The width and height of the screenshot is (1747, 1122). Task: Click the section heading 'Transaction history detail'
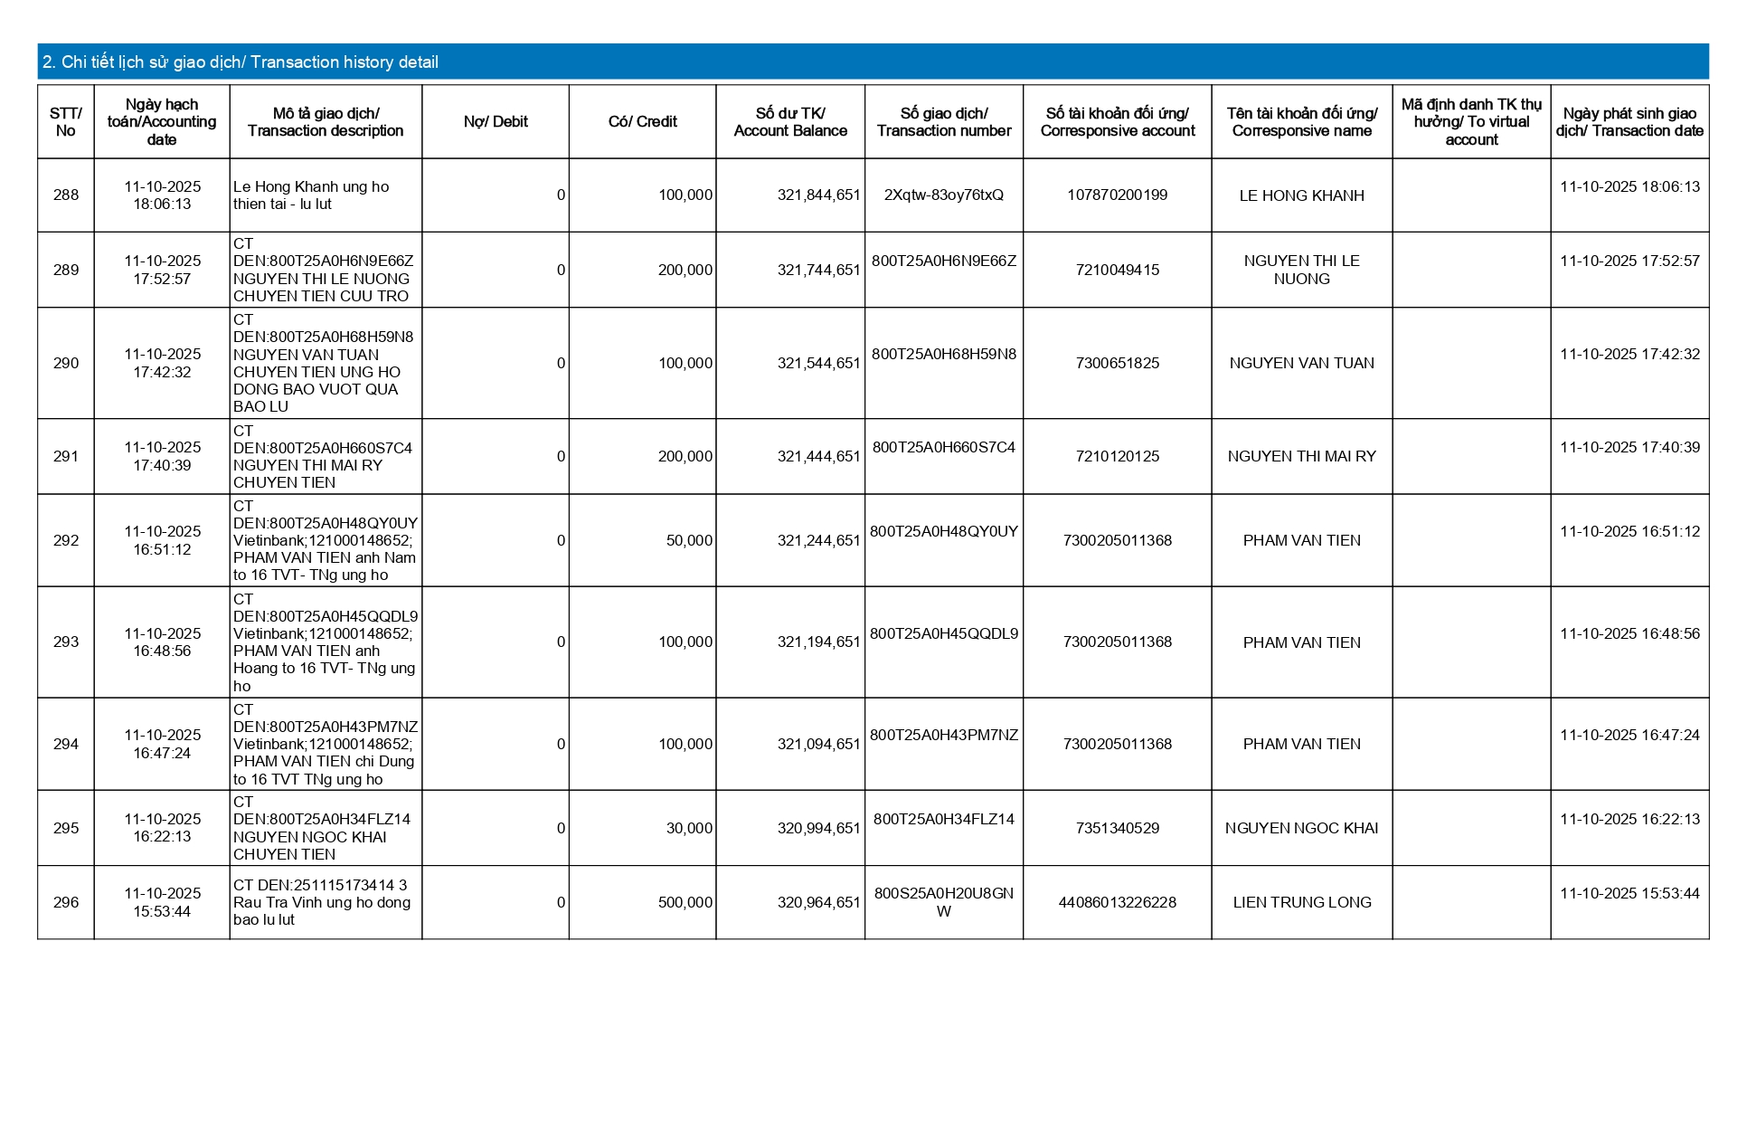241,62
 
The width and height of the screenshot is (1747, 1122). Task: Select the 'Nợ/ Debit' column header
496,122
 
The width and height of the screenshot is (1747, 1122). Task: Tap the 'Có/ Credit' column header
642,122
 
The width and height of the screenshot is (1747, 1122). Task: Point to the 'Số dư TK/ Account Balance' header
790,122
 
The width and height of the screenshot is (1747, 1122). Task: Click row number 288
66,195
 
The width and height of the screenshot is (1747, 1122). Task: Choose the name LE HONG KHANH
1301,195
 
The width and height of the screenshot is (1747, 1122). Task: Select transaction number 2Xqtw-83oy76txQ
943,195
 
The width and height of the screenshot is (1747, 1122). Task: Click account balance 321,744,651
818,271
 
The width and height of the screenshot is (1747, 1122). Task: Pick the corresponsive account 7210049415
1117,271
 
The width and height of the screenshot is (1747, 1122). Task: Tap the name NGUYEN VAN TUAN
1301,364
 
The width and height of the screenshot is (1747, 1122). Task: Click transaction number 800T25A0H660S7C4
943,448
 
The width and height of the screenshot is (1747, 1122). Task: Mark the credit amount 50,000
689,541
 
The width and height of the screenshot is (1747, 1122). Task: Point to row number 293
66,642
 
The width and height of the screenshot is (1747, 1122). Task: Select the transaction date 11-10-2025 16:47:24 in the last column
1629,736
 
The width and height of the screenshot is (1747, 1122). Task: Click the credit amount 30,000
689,829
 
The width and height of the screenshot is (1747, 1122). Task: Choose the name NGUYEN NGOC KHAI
1301,829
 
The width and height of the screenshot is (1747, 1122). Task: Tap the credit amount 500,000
685,903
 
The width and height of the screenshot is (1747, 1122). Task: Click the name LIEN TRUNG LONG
1301,903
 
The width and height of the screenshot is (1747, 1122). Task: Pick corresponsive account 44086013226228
1117,903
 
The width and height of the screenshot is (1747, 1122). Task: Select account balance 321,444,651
818,457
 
